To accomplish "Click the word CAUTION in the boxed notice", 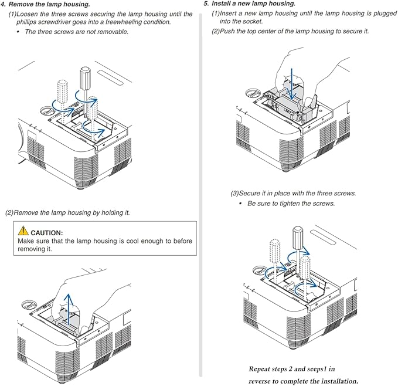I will pyautogui.click(x=50, y=233).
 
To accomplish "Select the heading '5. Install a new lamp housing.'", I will pyautogui.click(x=249, y=4).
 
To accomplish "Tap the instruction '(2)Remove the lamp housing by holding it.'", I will pyautogui.click(x=67, y=212).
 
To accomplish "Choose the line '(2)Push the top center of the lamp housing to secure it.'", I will pyautogui.click(x=290, y=31).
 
